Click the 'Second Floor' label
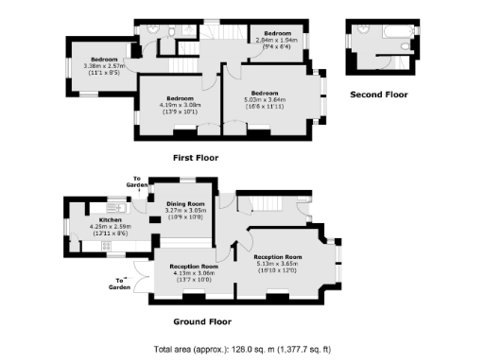378,95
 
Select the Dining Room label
185,203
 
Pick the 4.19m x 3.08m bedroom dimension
180,105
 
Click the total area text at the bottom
242,349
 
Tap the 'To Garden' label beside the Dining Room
138,181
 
